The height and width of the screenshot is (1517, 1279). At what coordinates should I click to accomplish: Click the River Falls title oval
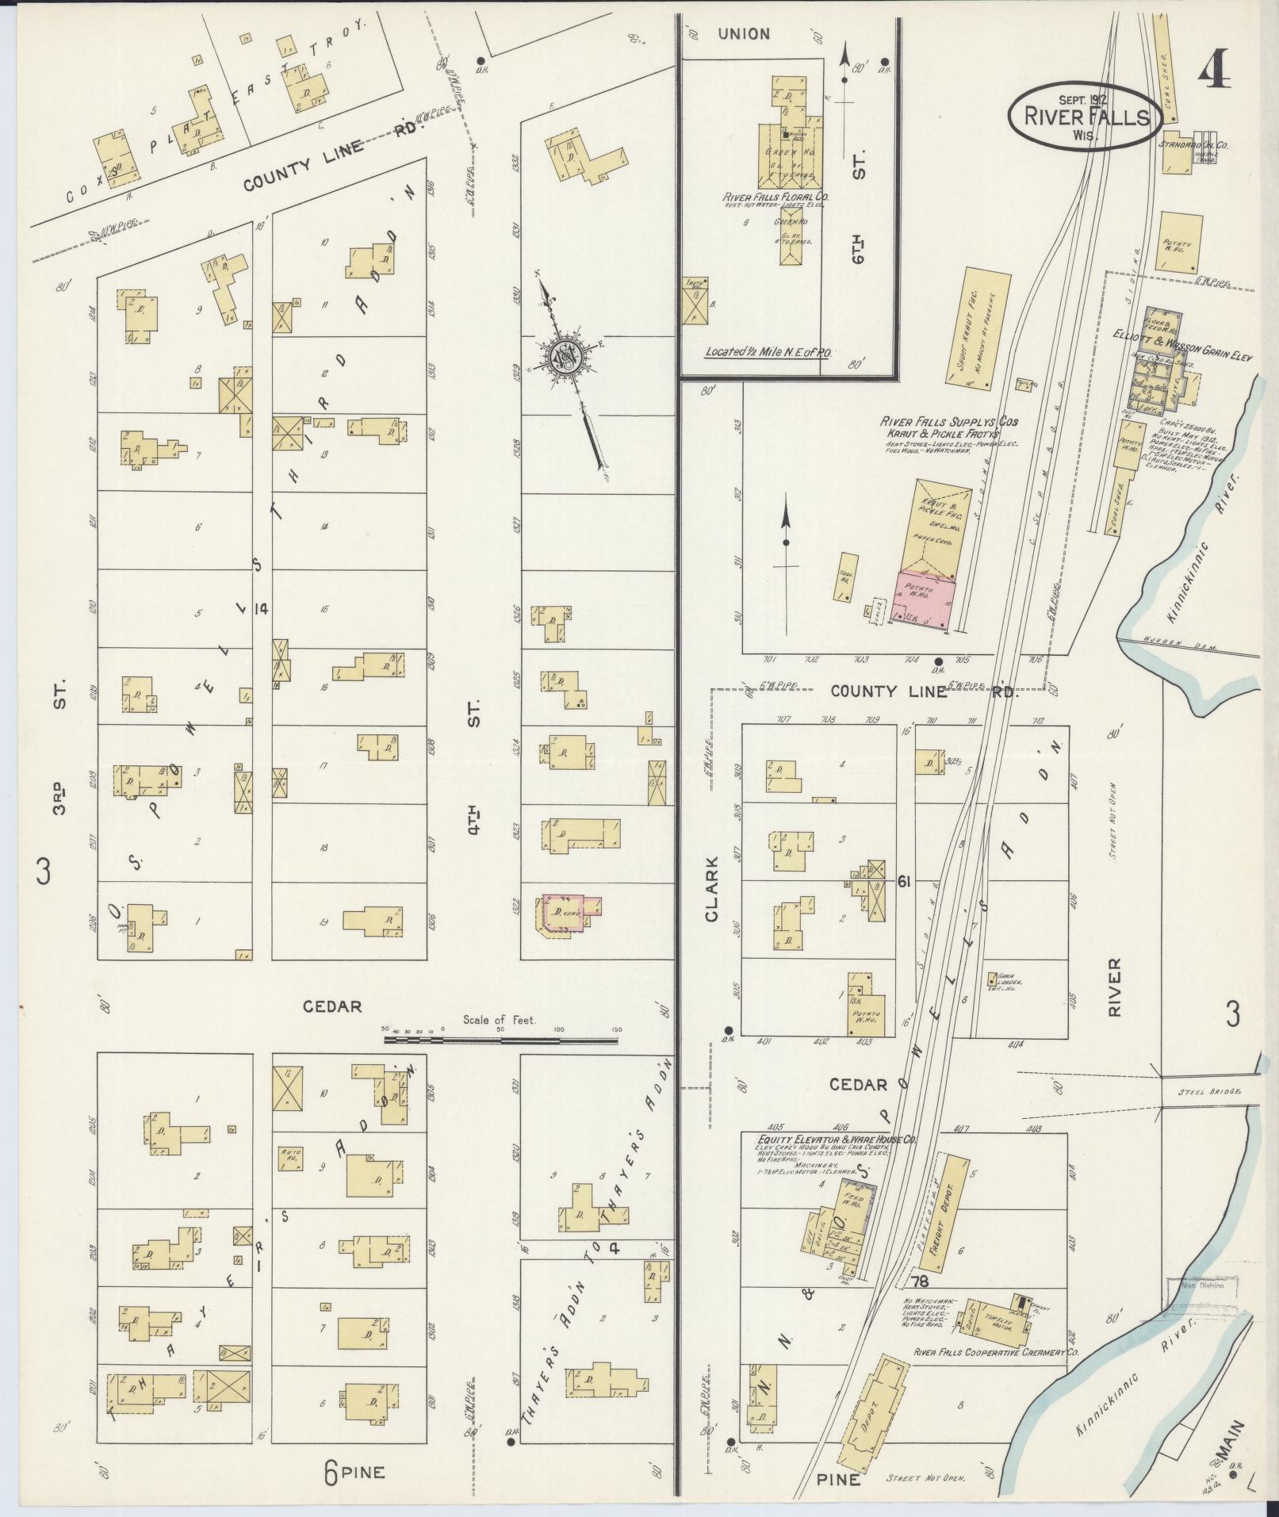[1086, 116]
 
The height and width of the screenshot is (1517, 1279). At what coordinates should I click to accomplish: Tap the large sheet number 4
[1213, 75]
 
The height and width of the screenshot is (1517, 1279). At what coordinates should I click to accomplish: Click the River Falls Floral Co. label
[772, 197]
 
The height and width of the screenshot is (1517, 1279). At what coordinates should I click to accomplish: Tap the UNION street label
[743, 33]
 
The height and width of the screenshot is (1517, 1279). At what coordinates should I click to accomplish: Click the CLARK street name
[710, 889]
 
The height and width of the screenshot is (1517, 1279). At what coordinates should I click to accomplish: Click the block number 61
[909, 881]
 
